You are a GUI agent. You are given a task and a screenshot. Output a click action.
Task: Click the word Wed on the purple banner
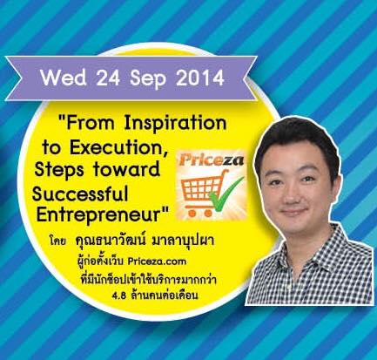click(64, 78)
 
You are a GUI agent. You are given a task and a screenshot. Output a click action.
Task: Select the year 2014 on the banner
click(200, 78)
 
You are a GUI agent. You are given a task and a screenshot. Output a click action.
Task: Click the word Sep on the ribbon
click(148, 79)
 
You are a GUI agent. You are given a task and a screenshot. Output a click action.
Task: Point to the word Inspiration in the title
click(175, 124)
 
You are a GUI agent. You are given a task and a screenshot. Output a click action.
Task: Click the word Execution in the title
click(119, 148)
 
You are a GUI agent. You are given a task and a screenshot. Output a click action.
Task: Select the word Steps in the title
click(60, 170)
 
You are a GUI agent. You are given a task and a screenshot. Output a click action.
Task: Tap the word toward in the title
click(127, 169)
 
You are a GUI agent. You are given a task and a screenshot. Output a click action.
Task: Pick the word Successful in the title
click(80, 194)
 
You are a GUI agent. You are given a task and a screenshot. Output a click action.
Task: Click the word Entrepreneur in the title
click(103, 215)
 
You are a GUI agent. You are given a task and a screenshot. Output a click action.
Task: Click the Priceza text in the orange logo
click(211, 160)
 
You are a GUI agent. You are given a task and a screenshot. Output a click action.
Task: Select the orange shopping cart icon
click(203, 194)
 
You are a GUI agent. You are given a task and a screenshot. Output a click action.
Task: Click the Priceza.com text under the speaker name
click(157, 262)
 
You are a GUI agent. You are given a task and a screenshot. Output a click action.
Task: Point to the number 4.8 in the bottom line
click(119, 296)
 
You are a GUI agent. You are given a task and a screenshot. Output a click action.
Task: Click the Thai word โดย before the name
click(58, 241)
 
